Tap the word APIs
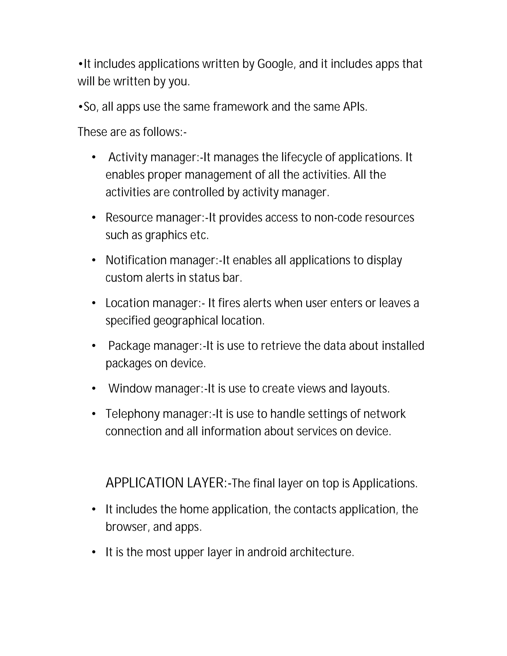click(355, 107)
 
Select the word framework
click(241, 107)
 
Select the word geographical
click(186, 321)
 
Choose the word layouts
click(370, 389)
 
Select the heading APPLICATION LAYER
click(165, 483)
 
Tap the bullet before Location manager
click(94, 303)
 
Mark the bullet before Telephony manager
click(94, 414)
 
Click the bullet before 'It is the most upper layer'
click(94, 552)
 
